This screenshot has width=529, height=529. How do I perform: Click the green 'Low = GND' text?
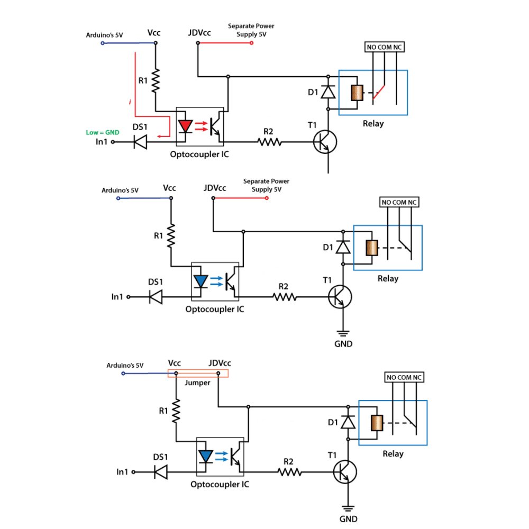click(x=102, y=132)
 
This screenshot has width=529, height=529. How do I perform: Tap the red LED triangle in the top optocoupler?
click(x=185, y=126)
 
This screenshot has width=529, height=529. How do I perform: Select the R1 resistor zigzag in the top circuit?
click(x=156, y=81)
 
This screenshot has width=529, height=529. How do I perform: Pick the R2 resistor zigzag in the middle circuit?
click(x=285, y=297)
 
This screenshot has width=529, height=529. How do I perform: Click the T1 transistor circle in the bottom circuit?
click(x=345, y=471)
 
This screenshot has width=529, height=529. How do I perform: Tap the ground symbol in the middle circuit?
click(x=343, y=333)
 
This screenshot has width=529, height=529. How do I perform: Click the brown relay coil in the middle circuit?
click(x=372, y=248)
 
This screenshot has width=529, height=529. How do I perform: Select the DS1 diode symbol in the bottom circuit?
click(x=160, y=471)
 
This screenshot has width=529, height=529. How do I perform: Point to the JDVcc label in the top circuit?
click(x=199, y=33)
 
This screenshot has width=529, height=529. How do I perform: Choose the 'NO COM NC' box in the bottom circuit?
click(x=405, y=378)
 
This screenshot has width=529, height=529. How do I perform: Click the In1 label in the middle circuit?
click(x=117, y=297)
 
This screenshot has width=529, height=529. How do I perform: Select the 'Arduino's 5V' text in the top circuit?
click(x=105, y=36)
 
